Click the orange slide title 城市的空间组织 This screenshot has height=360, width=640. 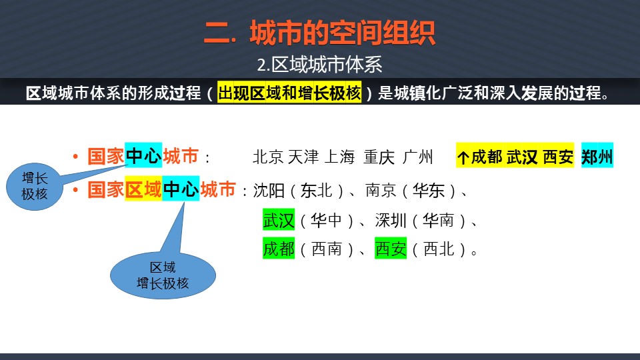point(343,33)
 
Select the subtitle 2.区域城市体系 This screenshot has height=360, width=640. point(319,65)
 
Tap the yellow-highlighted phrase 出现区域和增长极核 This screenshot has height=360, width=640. point(289,93)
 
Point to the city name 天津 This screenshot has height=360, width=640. point(303,157)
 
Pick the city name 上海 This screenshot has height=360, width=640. point(339,157)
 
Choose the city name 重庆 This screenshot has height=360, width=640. point(379,157)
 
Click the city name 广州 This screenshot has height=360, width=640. point(417,157)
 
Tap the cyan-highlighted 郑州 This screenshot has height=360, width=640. point(597,155)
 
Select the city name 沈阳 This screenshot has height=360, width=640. point(268,191)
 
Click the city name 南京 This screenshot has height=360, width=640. point(381,191)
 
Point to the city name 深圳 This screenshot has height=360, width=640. point(391,221)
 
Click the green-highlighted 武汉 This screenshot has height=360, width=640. point(279,219)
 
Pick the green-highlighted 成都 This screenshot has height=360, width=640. point(279,248)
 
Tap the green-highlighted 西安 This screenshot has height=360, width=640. point(391,248)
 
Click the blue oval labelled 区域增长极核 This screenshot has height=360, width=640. point(163,275)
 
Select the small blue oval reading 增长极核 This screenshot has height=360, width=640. point(35,186)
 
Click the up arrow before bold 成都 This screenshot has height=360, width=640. point(463,157)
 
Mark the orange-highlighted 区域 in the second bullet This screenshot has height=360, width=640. point(143,188)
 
